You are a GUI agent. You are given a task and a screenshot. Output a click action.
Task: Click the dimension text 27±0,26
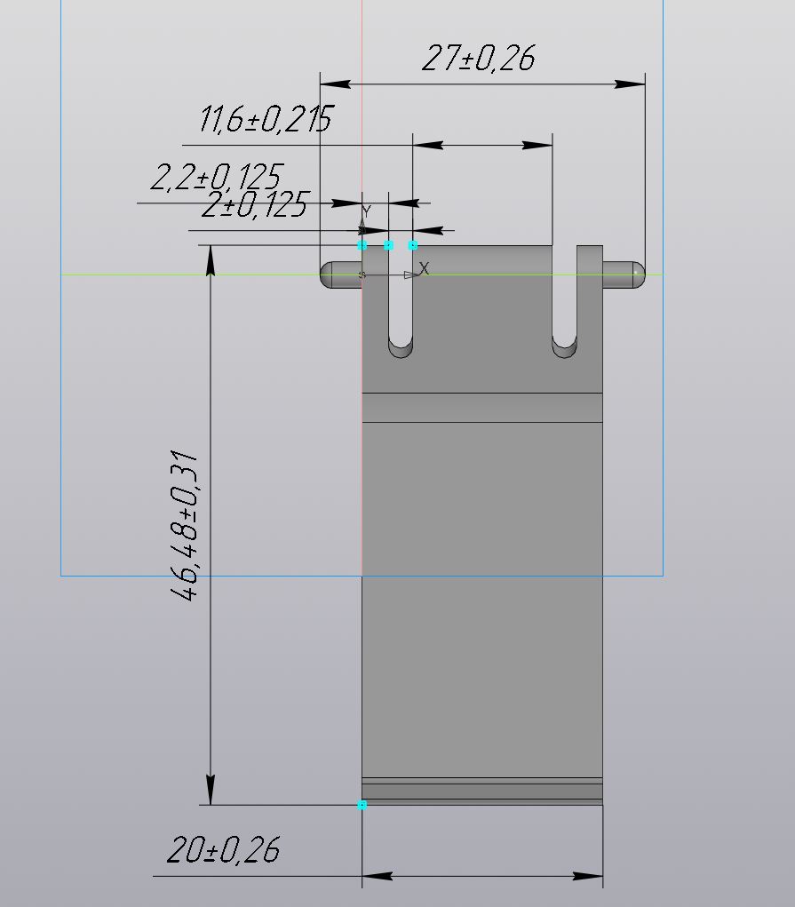pos(479,58)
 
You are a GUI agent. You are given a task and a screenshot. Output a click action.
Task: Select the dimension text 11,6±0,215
pos(266,119)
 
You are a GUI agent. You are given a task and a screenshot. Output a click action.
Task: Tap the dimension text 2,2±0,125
pos(217,177)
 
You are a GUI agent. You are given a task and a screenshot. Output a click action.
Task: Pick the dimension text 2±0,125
pos(255,204)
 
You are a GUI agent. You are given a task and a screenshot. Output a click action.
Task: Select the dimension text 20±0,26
pos(223,850)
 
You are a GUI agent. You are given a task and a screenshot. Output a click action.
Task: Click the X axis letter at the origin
pos(424,268)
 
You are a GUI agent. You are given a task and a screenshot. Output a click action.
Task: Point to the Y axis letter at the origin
pos(366,211)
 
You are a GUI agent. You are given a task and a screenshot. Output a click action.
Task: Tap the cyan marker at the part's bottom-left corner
pos(362,805)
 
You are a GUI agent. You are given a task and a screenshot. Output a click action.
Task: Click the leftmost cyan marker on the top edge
pos(362,245)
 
